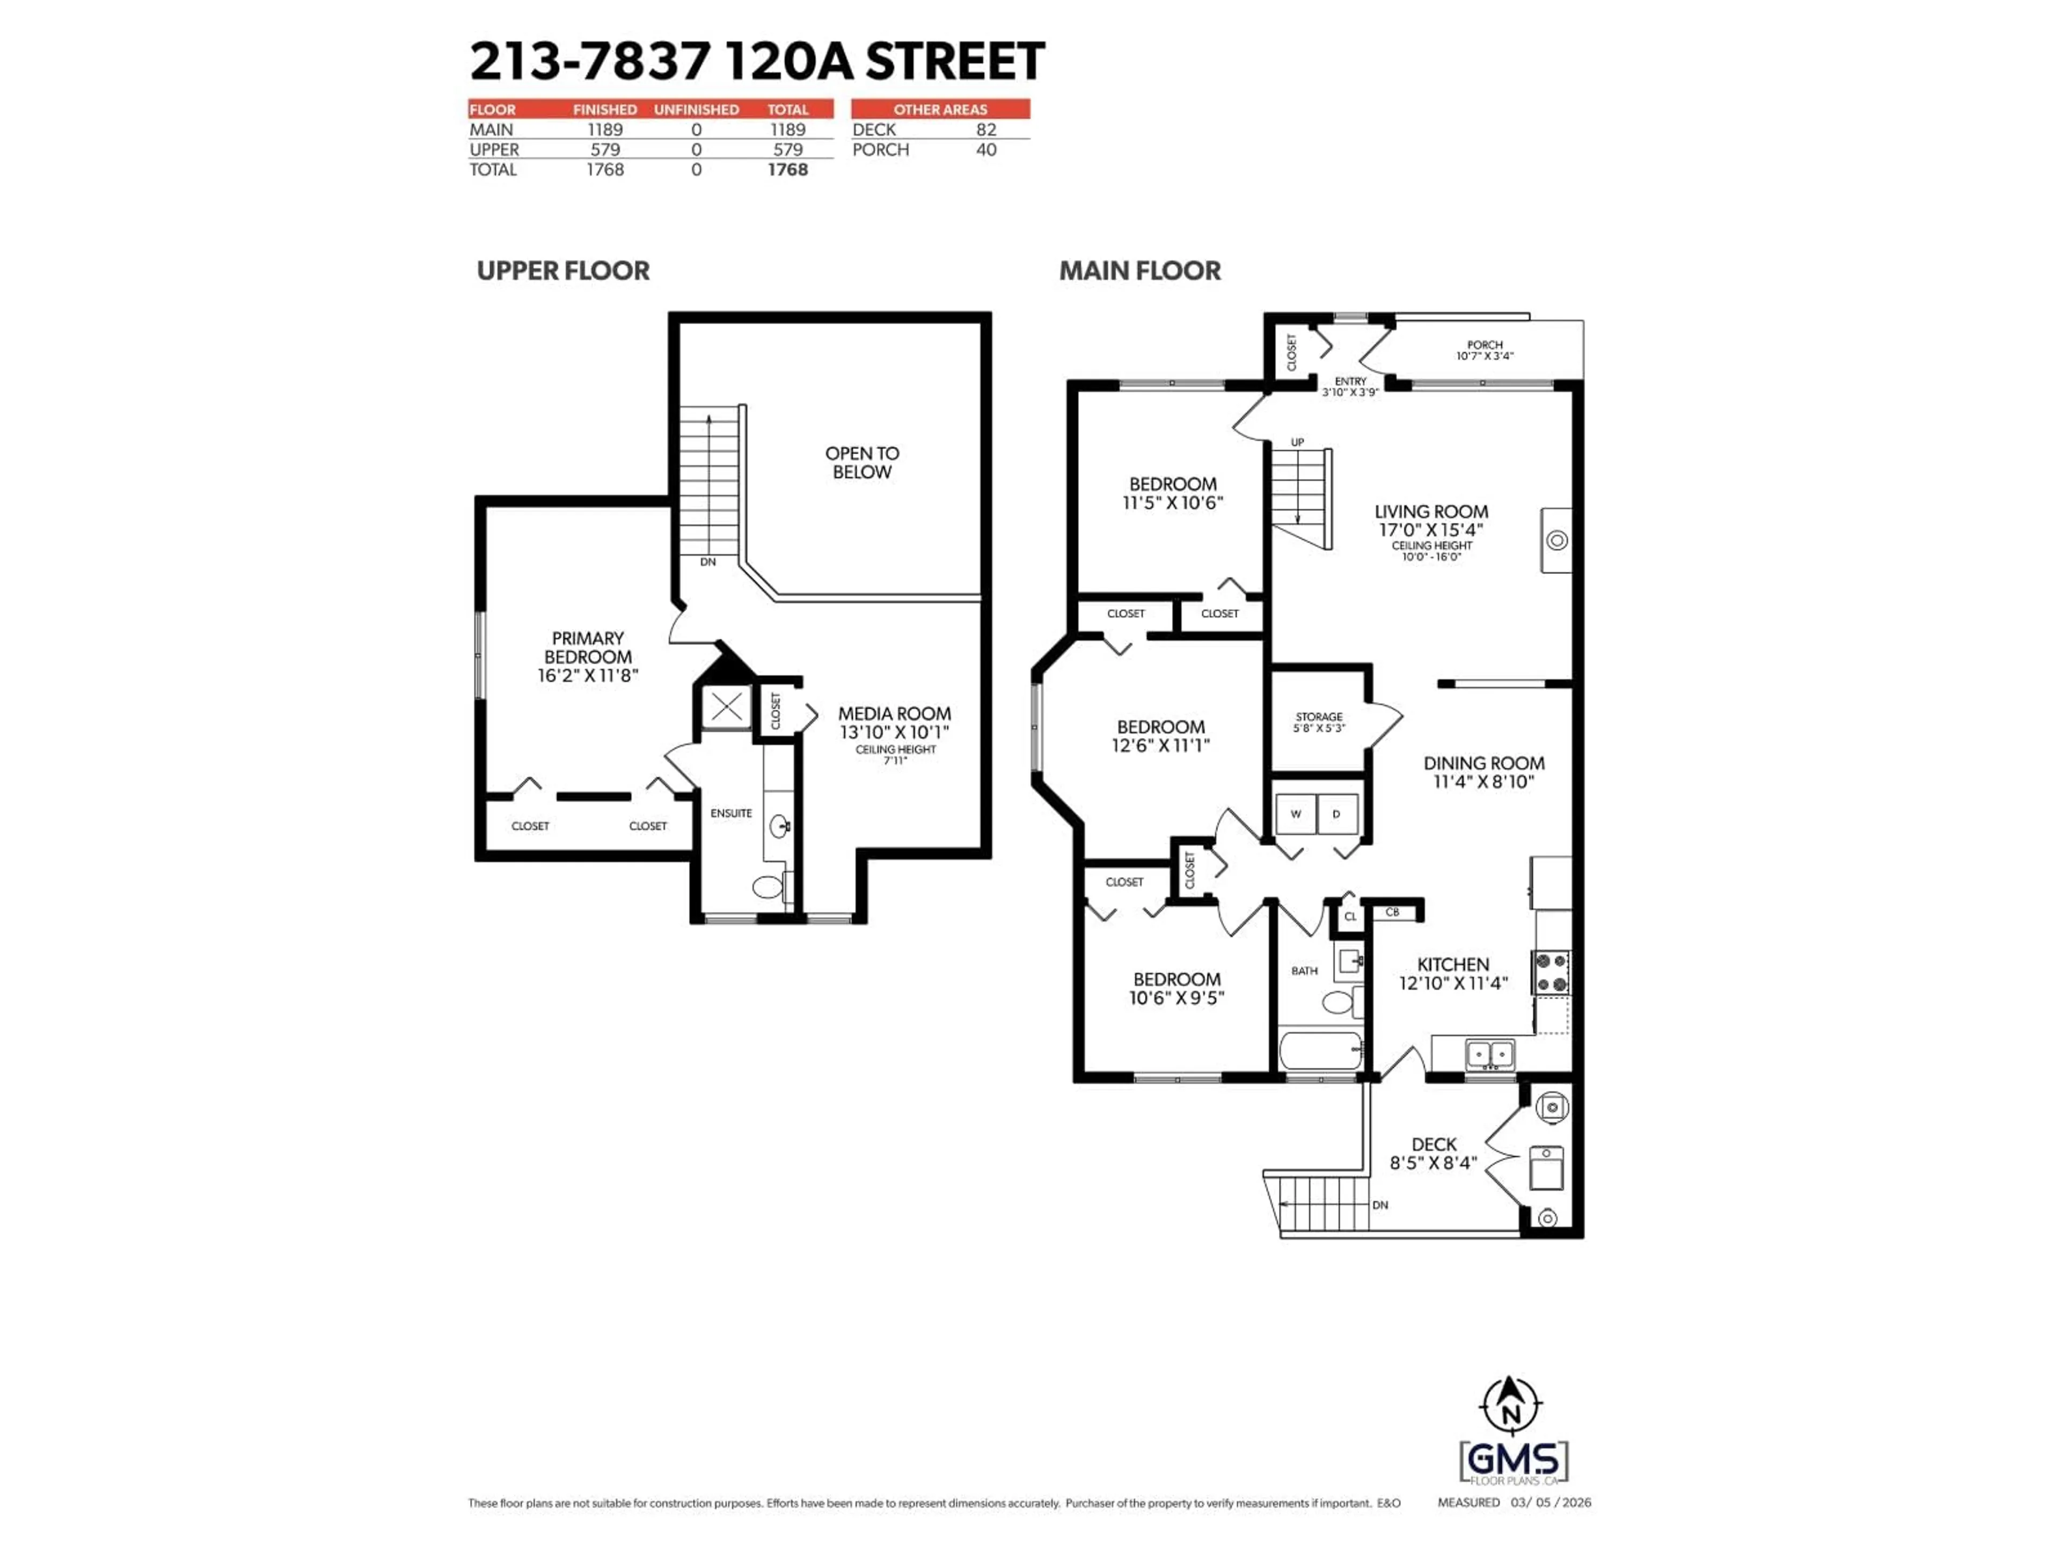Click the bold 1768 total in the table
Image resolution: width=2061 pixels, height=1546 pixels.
(x=787, y=170)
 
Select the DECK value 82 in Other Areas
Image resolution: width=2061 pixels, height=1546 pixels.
(x=986, y=129)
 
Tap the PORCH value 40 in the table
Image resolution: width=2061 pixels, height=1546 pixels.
(x=986, y=150)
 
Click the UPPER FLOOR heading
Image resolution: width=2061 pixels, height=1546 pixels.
(x=563, y=271)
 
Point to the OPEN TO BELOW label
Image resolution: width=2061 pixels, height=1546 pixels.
(x=862, y=462)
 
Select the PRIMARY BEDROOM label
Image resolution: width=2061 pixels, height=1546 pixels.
(x=587, y=648)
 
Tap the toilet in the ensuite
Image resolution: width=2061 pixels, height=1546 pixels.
(x=768, y=886)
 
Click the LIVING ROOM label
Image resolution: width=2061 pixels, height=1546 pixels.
(x=1431, y=512)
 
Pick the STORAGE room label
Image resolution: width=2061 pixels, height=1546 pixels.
(x=1318, y=717)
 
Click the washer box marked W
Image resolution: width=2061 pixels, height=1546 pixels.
(x=1295, y=814)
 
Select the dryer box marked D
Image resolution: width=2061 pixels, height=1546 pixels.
(x=1336, y=814)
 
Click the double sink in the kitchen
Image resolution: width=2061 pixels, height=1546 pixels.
(x=1490, y=1054)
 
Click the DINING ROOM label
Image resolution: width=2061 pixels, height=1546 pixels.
(x=1483, y=763)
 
